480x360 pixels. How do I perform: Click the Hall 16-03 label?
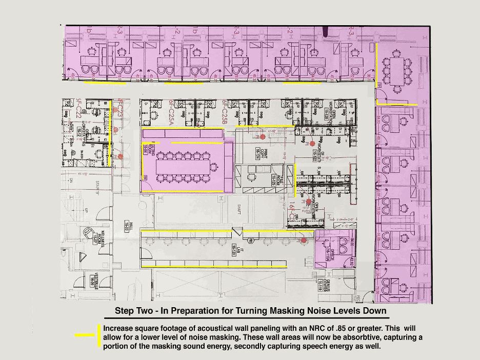[x=125, y=224]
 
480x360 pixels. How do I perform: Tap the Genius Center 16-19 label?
[x=319, y=284]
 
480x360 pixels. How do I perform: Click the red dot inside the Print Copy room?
[x=263, y=137]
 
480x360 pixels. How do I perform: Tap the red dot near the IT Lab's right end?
[x=304, y=239]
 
